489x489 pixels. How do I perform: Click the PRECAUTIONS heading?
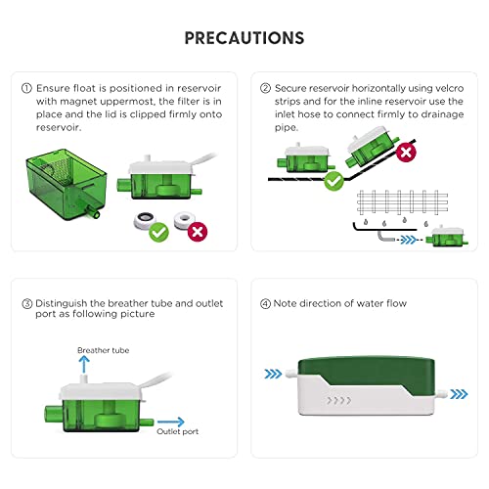[244, 38]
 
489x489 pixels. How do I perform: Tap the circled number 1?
[26, 88]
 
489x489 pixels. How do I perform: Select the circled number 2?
[265, 88]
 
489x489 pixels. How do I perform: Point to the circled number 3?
[27, 304]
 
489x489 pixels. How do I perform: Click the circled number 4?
[265, 304]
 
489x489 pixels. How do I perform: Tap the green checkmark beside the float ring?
[159, 232]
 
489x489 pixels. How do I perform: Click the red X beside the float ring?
[198, 232]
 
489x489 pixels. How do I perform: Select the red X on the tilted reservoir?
[406, 152]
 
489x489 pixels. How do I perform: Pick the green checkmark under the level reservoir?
[333, 181]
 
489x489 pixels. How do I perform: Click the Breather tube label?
[104, 350]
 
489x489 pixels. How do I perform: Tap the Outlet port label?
[178, 431]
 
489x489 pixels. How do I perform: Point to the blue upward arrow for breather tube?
[84, 364]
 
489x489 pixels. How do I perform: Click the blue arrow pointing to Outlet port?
[171, 422]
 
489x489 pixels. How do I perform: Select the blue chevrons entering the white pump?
[273, 374]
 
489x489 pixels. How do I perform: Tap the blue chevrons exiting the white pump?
[459, 394]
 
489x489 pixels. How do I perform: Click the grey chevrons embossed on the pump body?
[339, 400]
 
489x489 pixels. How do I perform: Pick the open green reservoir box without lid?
[67, 185]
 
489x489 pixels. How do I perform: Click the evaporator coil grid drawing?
[402, 202]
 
